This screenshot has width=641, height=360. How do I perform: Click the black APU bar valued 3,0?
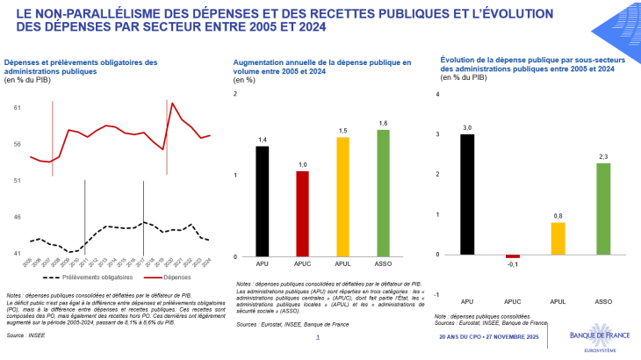[467, 194]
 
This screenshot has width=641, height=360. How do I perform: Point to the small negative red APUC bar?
[512, 256]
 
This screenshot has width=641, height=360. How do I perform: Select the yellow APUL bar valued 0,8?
[558, 238]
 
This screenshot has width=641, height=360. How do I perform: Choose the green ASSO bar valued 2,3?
[603, 208]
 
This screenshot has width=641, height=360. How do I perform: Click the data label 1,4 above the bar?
[263, 140]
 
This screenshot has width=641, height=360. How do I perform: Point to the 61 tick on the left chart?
[18, 107]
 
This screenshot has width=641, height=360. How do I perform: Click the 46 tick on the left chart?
[18, 217]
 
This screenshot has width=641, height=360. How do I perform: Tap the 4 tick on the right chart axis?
[438, 94]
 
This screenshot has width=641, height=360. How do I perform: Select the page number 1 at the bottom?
[318, 336]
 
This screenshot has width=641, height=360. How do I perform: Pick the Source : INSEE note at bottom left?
[27, 335]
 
